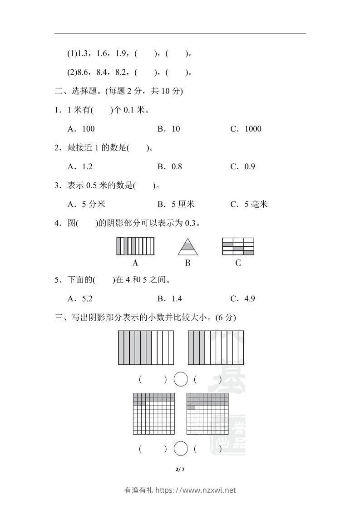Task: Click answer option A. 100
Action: pyautogui.click(x=81, y=129)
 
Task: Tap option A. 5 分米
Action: pyautogui.click(x=86, y=204)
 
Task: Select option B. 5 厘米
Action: pyautogui.click(x=176, y=204)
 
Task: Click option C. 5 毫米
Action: pyautogui.click(x=249, y=204)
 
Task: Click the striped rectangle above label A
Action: pyautogui.click(x=135, y=246)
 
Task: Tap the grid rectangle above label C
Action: pyautogui.click(x=238, y=246)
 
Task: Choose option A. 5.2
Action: pyautogui.click(x=81, y=299)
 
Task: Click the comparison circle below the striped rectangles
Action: pyautogui.click(x=181, y=379)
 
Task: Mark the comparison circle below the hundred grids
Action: pyautogui.click(x=181, y=449)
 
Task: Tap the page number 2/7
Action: pyautogui.click(x=180, y=469)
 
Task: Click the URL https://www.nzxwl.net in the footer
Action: pyautogui.click(x=196, y=490)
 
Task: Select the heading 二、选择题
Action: pyautogui.click(x=76, y=91)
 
